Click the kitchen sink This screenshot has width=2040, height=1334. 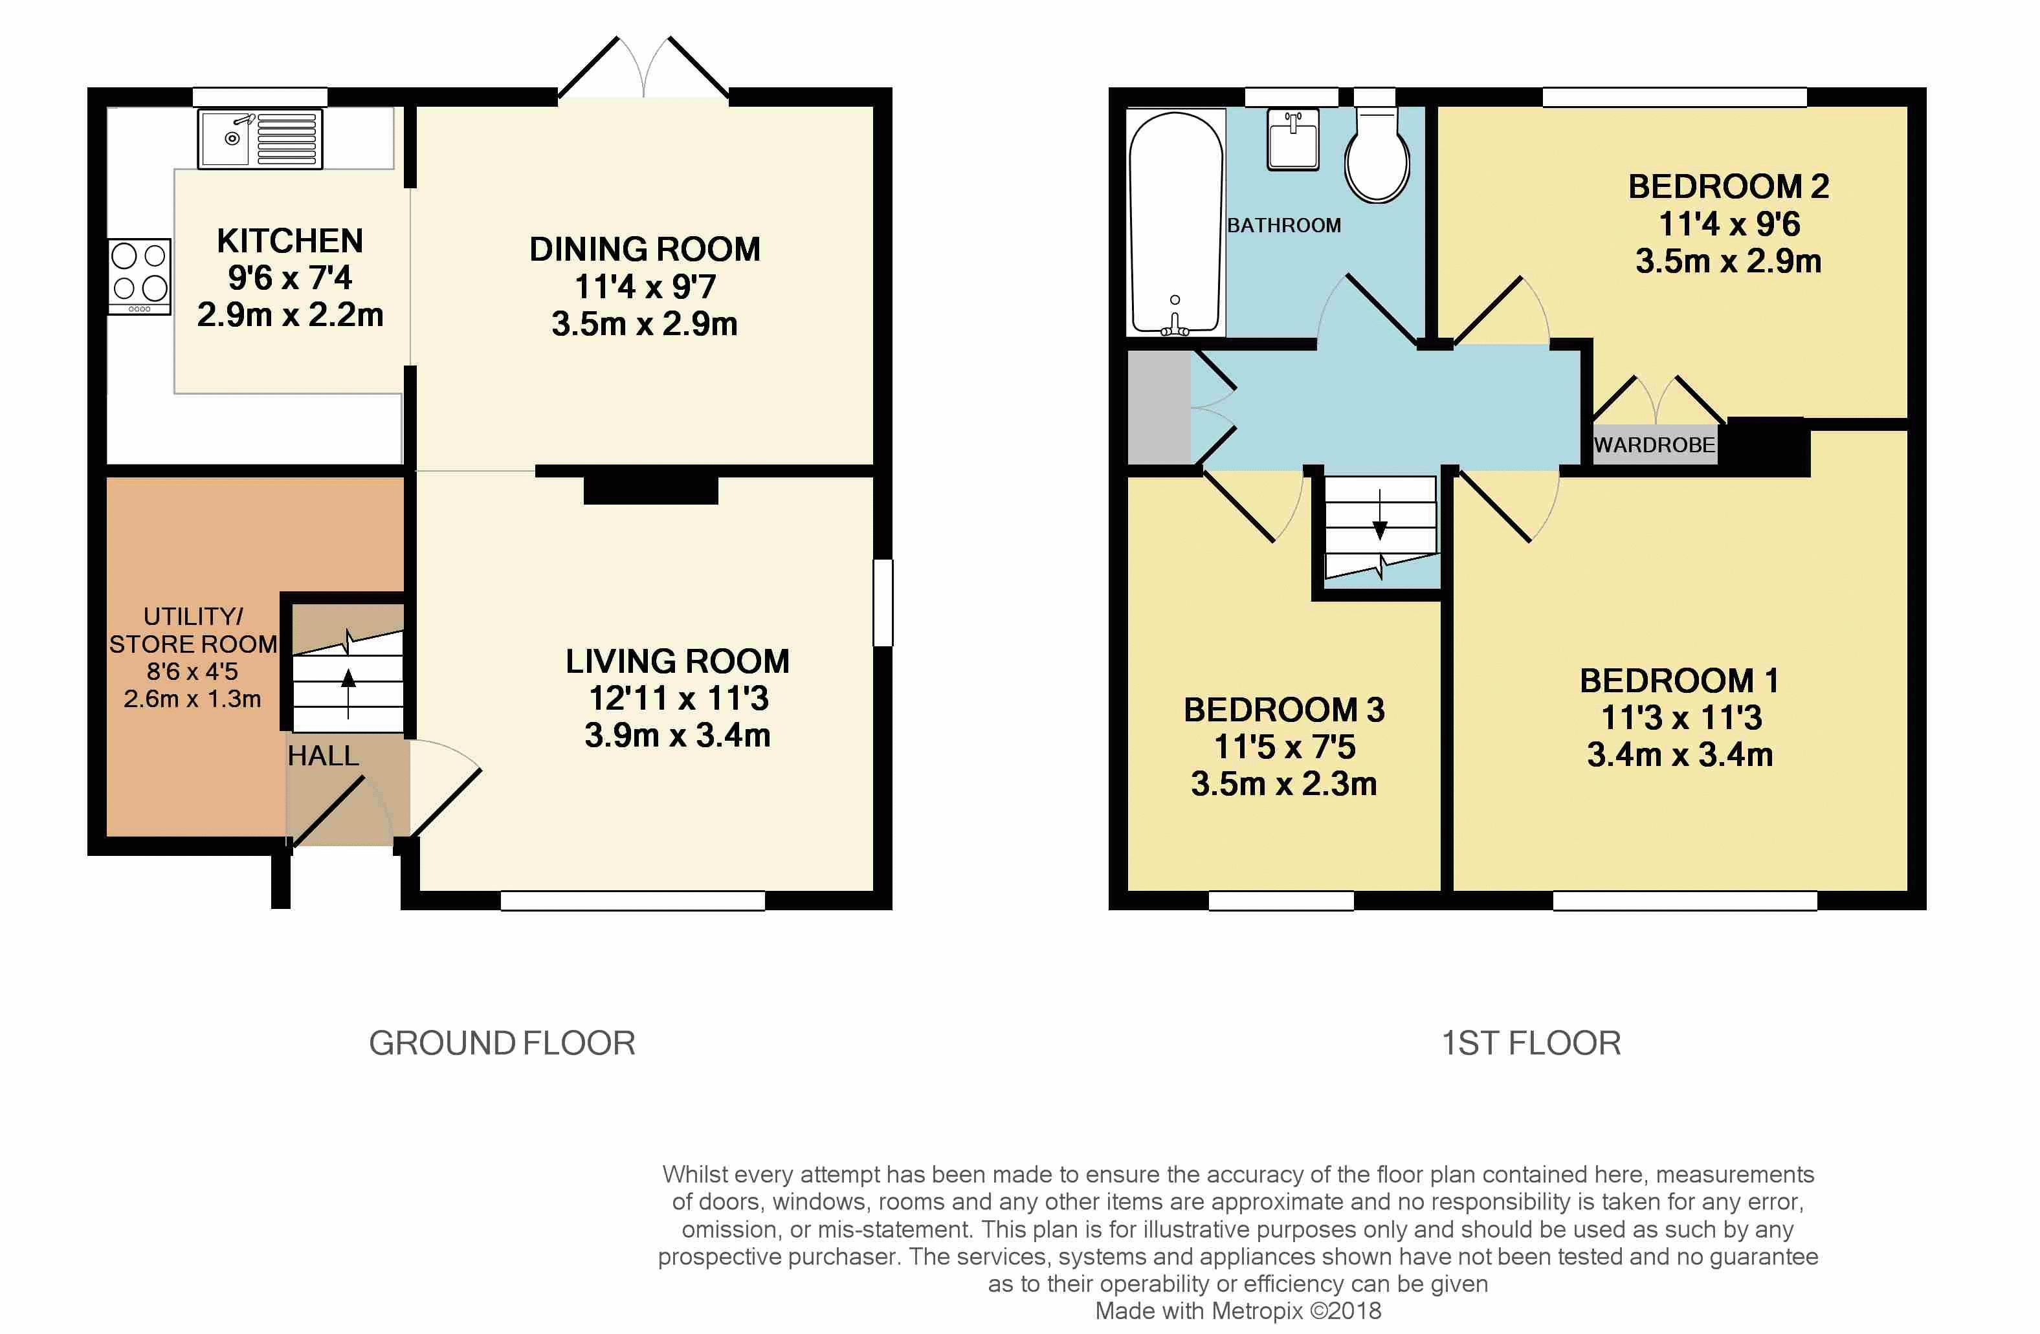tap(260, 139)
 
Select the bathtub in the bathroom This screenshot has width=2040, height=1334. tap(1176, 223)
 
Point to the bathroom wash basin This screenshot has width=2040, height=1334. tap(1293, 140)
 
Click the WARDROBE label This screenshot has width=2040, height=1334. tap(1654, 444)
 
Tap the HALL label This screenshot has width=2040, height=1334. tap(323, 756)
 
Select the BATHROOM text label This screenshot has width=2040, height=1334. tap(1284, 225)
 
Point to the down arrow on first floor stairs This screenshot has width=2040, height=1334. tap(1380, 514)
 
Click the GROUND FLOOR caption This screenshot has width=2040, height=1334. tap(502, 1044)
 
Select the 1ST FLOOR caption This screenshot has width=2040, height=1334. tap(1531, 1044)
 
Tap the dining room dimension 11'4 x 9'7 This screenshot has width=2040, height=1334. tap(645, 286)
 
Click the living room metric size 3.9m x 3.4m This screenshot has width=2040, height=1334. tap(677, 735)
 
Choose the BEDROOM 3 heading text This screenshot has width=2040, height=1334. tap(1284, 710)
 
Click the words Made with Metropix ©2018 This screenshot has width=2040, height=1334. tap(1237, 1311)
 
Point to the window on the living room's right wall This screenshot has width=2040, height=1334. tap(883, 602)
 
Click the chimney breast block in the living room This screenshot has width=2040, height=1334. tap(650, 488)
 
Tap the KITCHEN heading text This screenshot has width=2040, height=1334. tap(290, 241)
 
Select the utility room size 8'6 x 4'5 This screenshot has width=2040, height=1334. tap(192, 672)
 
